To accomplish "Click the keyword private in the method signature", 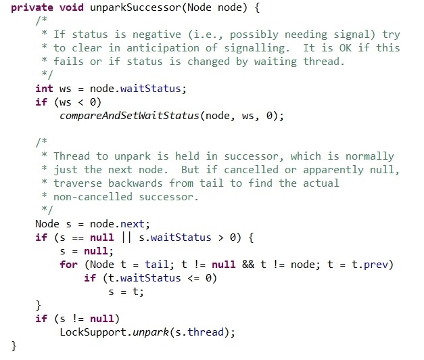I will tap(32, 7).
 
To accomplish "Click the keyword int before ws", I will tap(44, 89).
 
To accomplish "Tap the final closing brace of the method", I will tap(14, 346).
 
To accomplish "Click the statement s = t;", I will tap(126, 292).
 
